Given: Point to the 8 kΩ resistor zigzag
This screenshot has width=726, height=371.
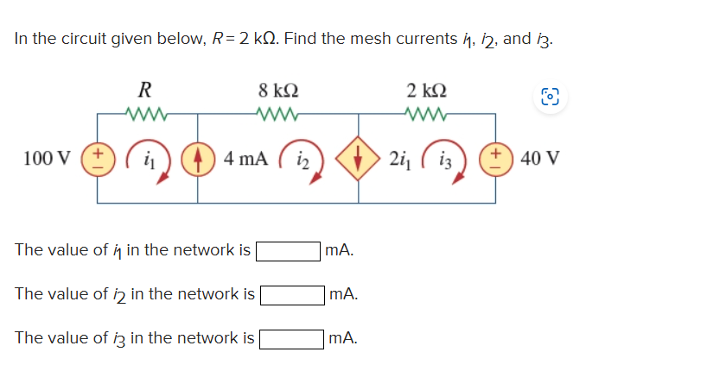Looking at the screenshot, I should click(x=278, y=112).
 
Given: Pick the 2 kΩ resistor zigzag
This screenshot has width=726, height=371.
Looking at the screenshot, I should click(x=426, y=112).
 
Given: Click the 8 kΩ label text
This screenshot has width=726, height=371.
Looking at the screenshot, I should click(x=278, y=90).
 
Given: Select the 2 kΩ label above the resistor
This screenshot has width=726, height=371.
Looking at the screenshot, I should click(x=426, y=90).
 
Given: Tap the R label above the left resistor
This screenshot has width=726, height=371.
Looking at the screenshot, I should click(x=146, y=89).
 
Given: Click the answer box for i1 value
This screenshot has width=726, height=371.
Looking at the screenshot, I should click(x=288, y=251).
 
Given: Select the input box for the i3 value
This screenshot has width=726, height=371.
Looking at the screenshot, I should click(x=291, y=337).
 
